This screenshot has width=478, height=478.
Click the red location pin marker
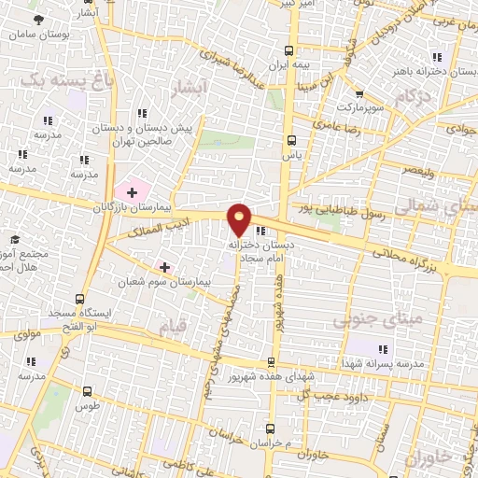240,219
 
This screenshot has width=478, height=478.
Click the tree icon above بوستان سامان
37,19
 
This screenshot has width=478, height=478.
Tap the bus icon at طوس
88,392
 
